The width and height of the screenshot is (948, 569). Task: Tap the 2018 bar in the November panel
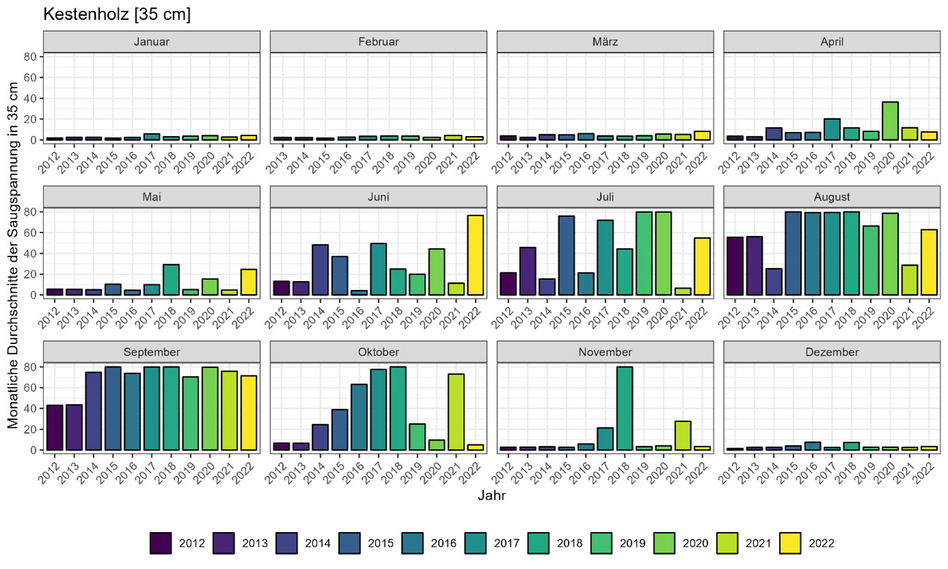[x=623, y=408]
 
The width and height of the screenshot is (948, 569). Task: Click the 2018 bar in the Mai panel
[x=171, y=280]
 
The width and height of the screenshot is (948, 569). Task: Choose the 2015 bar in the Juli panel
[x=566, y=256]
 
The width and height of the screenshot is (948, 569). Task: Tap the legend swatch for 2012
[x=160, y=544]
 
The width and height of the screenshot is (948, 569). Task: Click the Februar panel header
[x=378, y=42]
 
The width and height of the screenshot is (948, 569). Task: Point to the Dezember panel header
[x=832, y=352]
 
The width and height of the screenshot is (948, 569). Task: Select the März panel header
[x=605, y=42]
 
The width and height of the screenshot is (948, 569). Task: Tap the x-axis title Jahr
[x=492, y=497]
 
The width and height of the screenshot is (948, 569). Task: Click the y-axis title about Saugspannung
[x=13, y=253]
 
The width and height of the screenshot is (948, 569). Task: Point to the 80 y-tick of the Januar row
[x=29, y=57]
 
